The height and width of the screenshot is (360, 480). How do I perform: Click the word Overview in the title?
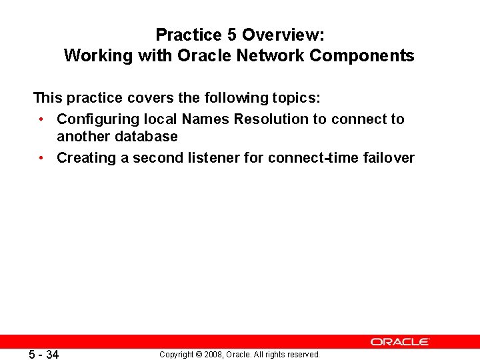click(x=283, y=35)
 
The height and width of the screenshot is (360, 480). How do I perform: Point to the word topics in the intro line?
click(x=296, y=99)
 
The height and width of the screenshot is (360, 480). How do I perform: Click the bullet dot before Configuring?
click(x=41, y=119)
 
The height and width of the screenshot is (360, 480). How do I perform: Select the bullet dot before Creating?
click(x=41, y=158)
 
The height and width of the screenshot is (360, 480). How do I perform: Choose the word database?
click(x=146, y=137)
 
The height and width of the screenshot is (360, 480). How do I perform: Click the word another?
click(x=83, y=137)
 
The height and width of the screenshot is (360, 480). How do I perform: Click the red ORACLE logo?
click(x=400, y=341)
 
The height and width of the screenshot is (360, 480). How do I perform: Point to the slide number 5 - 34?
click(x=43, y=355)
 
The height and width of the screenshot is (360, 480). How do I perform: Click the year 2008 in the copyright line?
click(x=209, y=355)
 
